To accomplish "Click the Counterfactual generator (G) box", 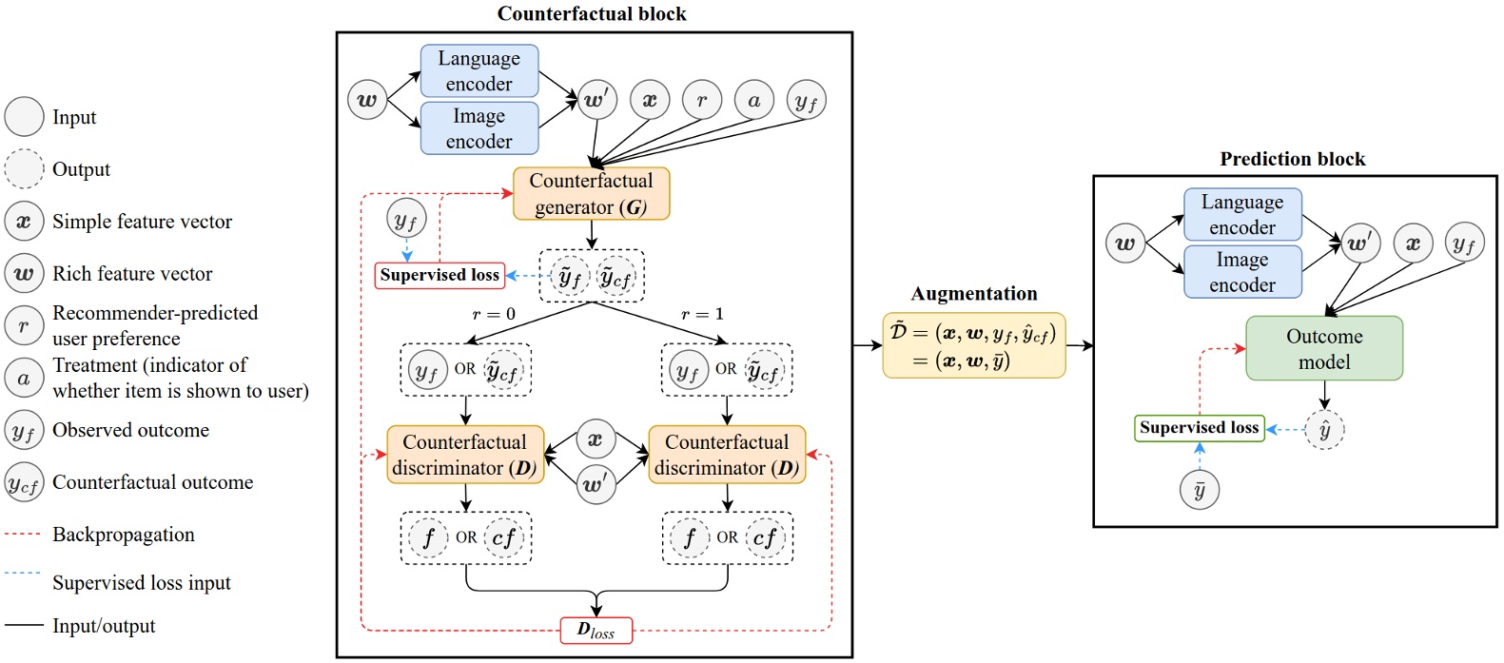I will coord(591,194).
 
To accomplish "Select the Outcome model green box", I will coord(1323,349).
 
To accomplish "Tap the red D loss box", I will coord(596,630).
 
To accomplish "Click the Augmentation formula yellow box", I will coord(973,345).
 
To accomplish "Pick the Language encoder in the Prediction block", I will coord(1241,215).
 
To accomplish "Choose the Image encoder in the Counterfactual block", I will coord(479,128).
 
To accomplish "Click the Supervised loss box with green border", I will coord(1199,428).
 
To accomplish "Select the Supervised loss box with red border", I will coord(439,275).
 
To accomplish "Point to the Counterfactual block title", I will coord(592,13).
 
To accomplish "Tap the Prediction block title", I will coord(1292,159).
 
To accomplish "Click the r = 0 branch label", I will coord(494,314).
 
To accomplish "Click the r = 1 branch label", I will coord(702,314).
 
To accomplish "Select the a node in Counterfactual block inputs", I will coord(754,100).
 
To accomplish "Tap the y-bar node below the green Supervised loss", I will coord(1200,490).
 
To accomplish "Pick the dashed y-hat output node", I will coord(1324,430).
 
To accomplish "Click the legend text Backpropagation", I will coord(124,535).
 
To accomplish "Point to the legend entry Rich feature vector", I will coord(132,274).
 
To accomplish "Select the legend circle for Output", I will coord(24,169).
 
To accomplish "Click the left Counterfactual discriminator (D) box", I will coord(465,455).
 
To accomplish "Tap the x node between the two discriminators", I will coord(596,439).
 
